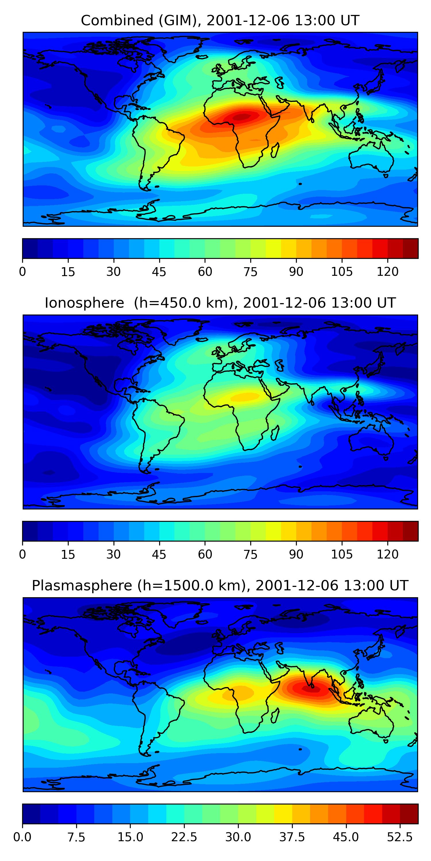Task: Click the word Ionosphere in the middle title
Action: pos(84,303)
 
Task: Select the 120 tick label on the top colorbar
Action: pos(388,272)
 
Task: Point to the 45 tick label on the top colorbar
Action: pos(159,272)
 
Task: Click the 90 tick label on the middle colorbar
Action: pos(296,554)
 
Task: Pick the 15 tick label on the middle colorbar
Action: pos(68,554)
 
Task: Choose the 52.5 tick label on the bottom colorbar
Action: pos(400,837)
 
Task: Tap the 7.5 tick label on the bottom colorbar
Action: pos(76,837)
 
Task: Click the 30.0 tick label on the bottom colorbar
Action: pos(238,837)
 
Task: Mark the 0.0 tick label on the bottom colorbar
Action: pos(22,837)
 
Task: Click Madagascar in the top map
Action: pos(275,150)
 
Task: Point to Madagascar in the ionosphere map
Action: pos(275,433)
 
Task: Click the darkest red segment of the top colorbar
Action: pos(410,248)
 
